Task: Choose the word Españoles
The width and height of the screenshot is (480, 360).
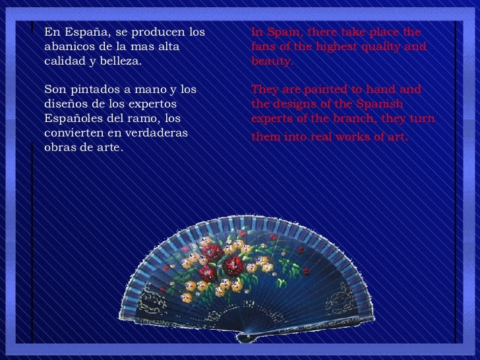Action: pyautogui.click(x=75, y=118)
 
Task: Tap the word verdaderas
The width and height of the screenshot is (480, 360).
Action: pyautogui.click(x=156, y=133)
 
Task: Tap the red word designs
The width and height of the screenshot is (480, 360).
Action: pyautogui.click(x=297, y=104)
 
